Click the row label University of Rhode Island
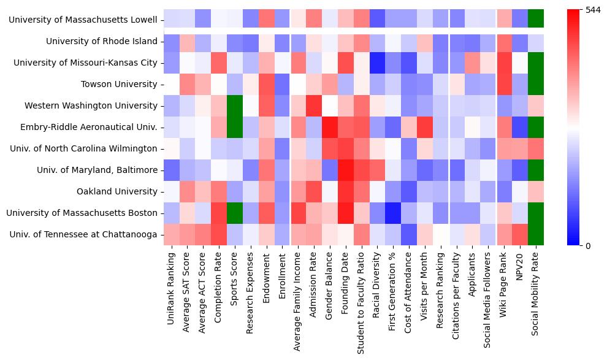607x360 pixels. pos(102,42)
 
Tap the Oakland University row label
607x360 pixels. pos(116,191)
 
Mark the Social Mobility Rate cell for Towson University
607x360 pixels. pos(536,85)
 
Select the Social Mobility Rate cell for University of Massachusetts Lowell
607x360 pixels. pos(536,20)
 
